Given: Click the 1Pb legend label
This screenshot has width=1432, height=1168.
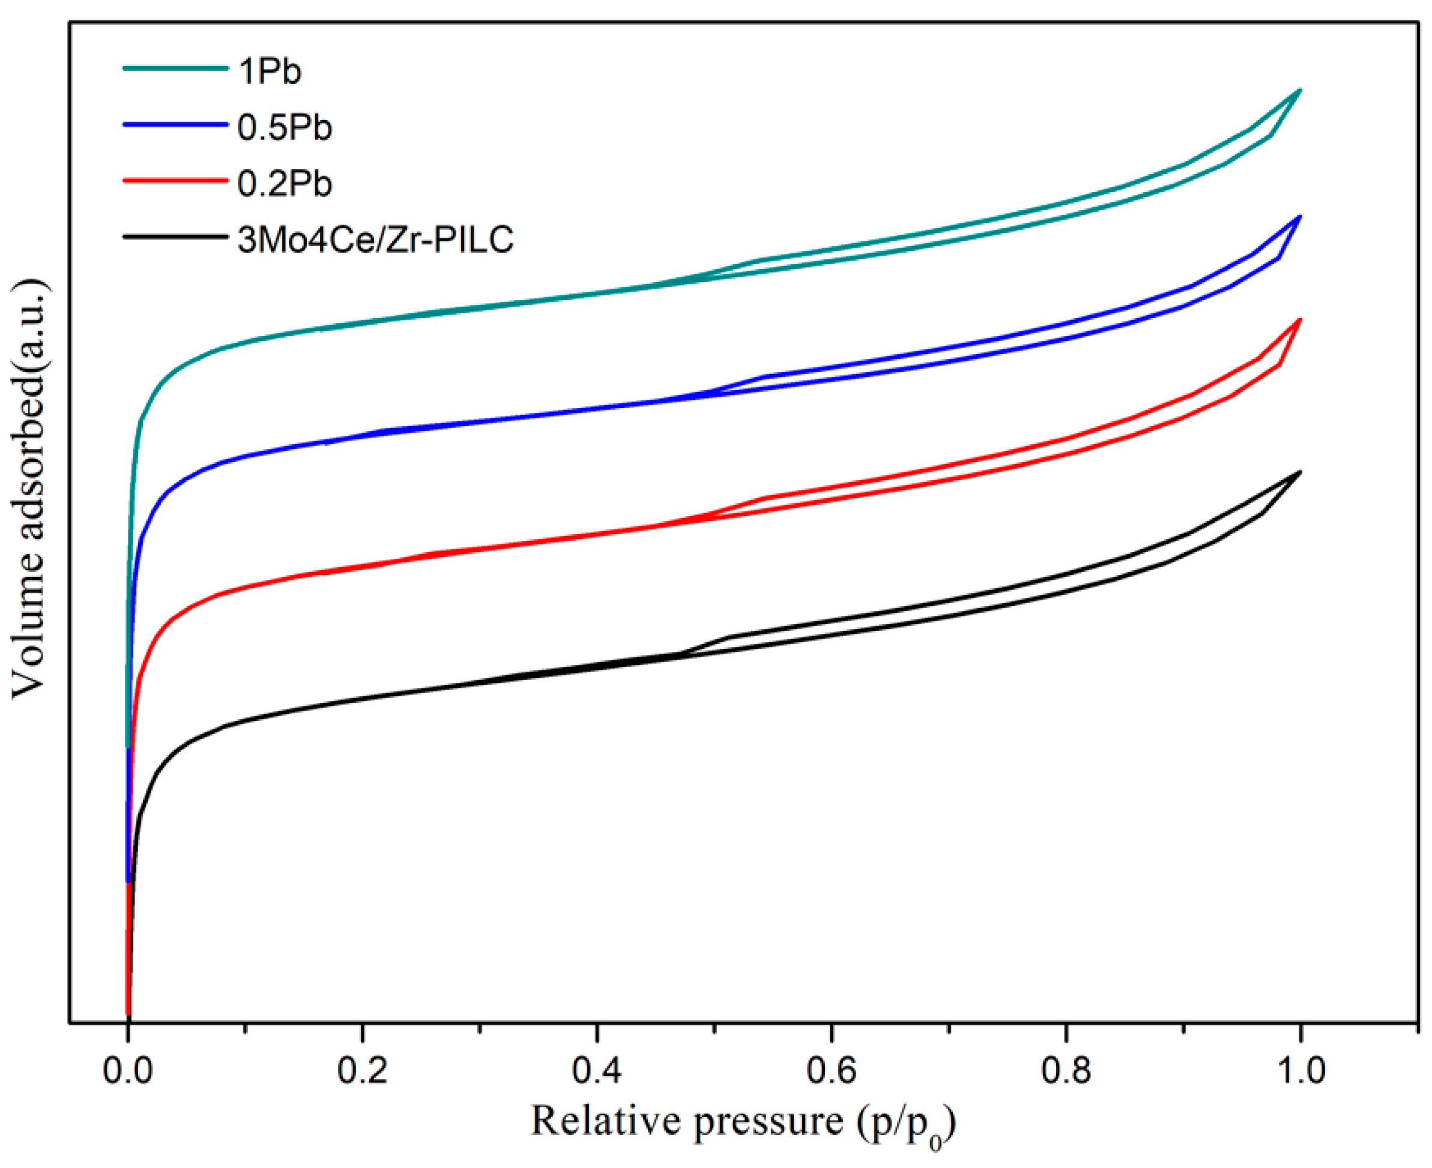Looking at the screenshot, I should (x=269, y=71).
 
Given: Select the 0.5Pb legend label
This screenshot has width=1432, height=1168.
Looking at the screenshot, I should (x=285, y=127).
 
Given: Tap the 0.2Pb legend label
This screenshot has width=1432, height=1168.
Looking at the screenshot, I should (x=285, y=183).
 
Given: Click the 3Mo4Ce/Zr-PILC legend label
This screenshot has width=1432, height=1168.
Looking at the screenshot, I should (x=375, y=239).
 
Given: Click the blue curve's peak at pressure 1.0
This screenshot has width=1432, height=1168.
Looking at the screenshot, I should (x=1299, y=216).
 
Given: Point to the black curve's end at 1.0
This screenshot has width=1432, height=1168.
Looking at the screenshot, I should (x=1299, y=472).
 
